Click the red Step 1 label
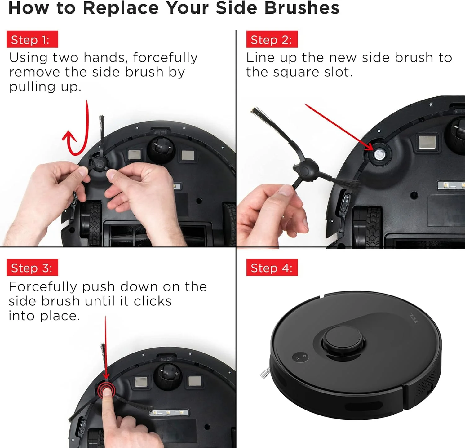pyautogui.click(x=32, y=39)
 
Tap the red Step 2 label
pyautogui.click(x=272, y=39)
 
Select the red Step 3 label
pyautogui.click(x=32, y=268)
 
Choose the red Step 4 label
pyautogui.click(x=272, y=268)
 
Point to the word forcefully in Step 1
pyautogui.click(x=166, y=58)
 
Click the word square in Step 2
pyautogui.click(x=296, y=73)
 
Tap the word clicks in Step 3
pyautogui.click(x=153, y=301)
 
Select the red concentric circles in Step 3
pyautogui.click(x=106, y=390)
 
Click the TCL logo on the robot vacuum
pyautogui.click(x=414, y=318)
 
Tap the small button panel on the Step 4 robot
pyautogui.click(x=300, y=357)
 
